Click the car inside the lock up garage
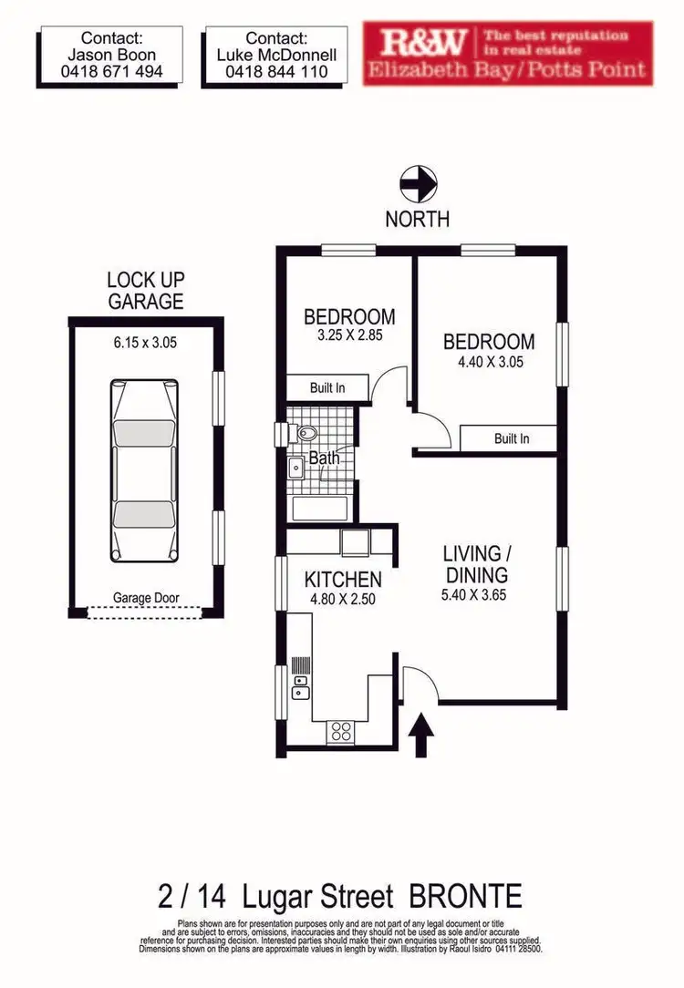[x=145, y=472]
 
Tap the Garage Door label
[x=146, y=599]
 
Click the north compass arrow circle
[x=418, y=185]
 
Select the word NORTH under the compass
[x=417, y=220]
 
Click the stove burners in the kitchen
[x=342, y=730]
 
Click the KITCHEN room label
[x=342, y=580]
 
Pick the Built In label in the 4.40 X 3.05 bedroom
[x=511, y=438]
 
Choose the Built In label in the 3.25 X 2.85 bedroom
[x=326, y=388]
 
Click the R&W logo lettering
[x=423, y=42]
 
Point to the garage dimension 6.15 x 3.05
[x=145, y=344]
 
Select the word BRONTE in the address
[x=465, y=896]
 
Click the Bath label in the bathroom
[x=323, y=458]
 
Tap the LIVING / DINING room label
[x=474, y=564]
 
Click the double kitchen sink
[x=300, y=686]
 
